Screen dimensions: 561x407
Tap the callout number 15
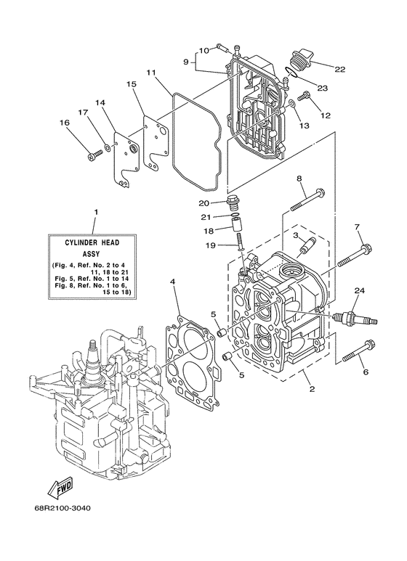(131, 84)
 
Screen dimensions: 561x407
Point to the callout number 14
(100, 103)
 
